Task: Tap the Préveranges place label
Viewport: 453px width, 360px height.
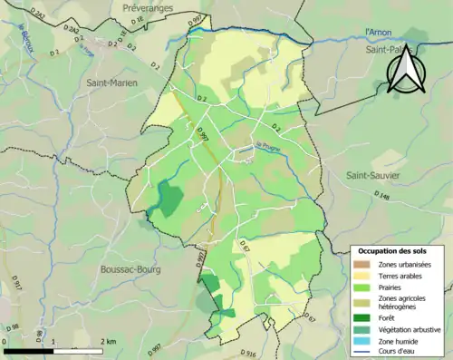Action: pos(148,7)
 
